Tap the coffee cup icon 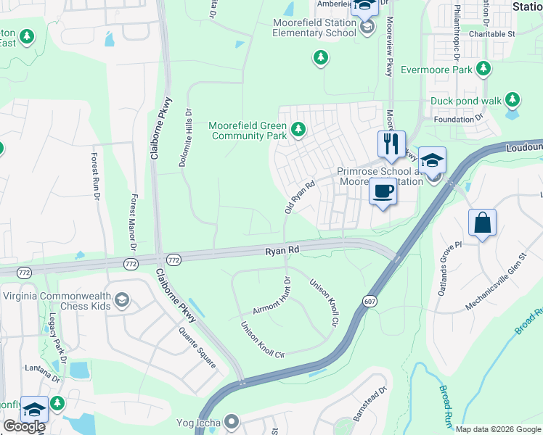(383, 192)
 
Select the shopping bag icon (483, 223)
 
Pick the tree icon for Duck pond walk (513, 99)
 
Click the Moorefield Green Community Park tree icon (298, 129)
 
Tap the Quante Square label (197, 348)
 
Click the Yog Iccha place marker (232, 420)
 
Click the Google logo (24, 426)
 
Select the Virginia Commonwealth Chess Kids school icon (122, 299)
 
